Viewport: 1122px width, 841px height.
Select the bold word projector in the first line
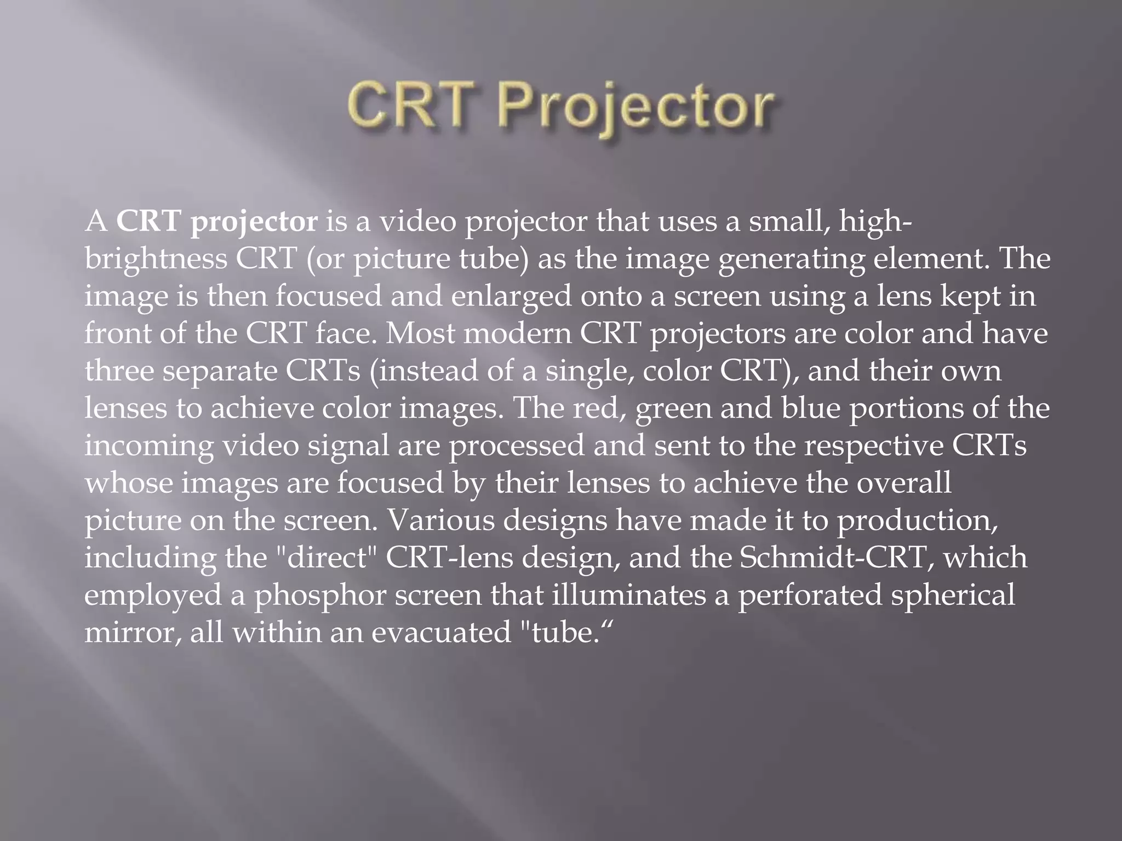tap(254, 223)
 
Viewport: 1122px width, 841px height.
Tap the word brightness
tap(156, 260)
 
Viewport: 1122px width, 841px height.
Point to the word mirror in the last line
tap(132, 633)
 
